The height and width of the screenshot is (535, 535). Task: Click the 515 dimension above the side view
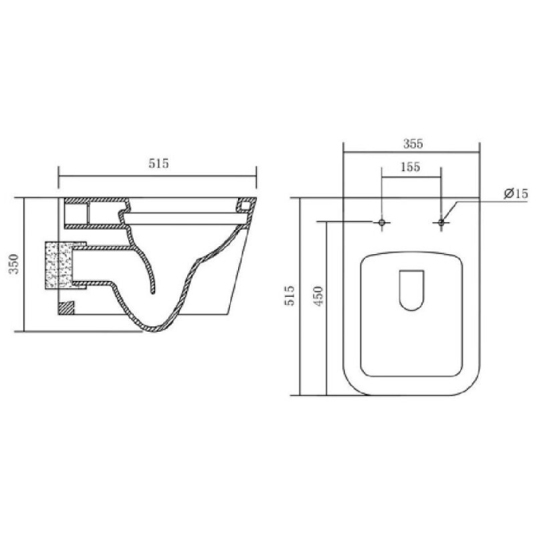pos(158,163)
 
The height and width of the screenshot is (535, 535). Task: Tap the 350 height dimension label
pos(14,264)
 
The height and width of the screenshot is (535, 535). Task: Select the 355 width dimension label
pos(413,144)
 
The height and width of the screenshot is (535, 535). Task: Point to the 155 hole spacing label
pos(411,167)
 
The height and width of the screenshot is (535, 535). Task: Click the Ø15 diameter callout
pos(516,194)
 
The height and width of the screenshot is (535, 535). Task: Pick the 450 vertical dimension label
pos(318,296)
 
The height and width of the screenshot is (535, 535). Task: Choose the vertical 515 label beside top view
pos(290,296)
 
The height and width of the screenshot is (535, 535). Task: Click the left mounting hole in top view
pos(382,222)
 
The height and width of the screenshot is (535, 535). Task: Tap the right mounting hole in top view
pos(441,222)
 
